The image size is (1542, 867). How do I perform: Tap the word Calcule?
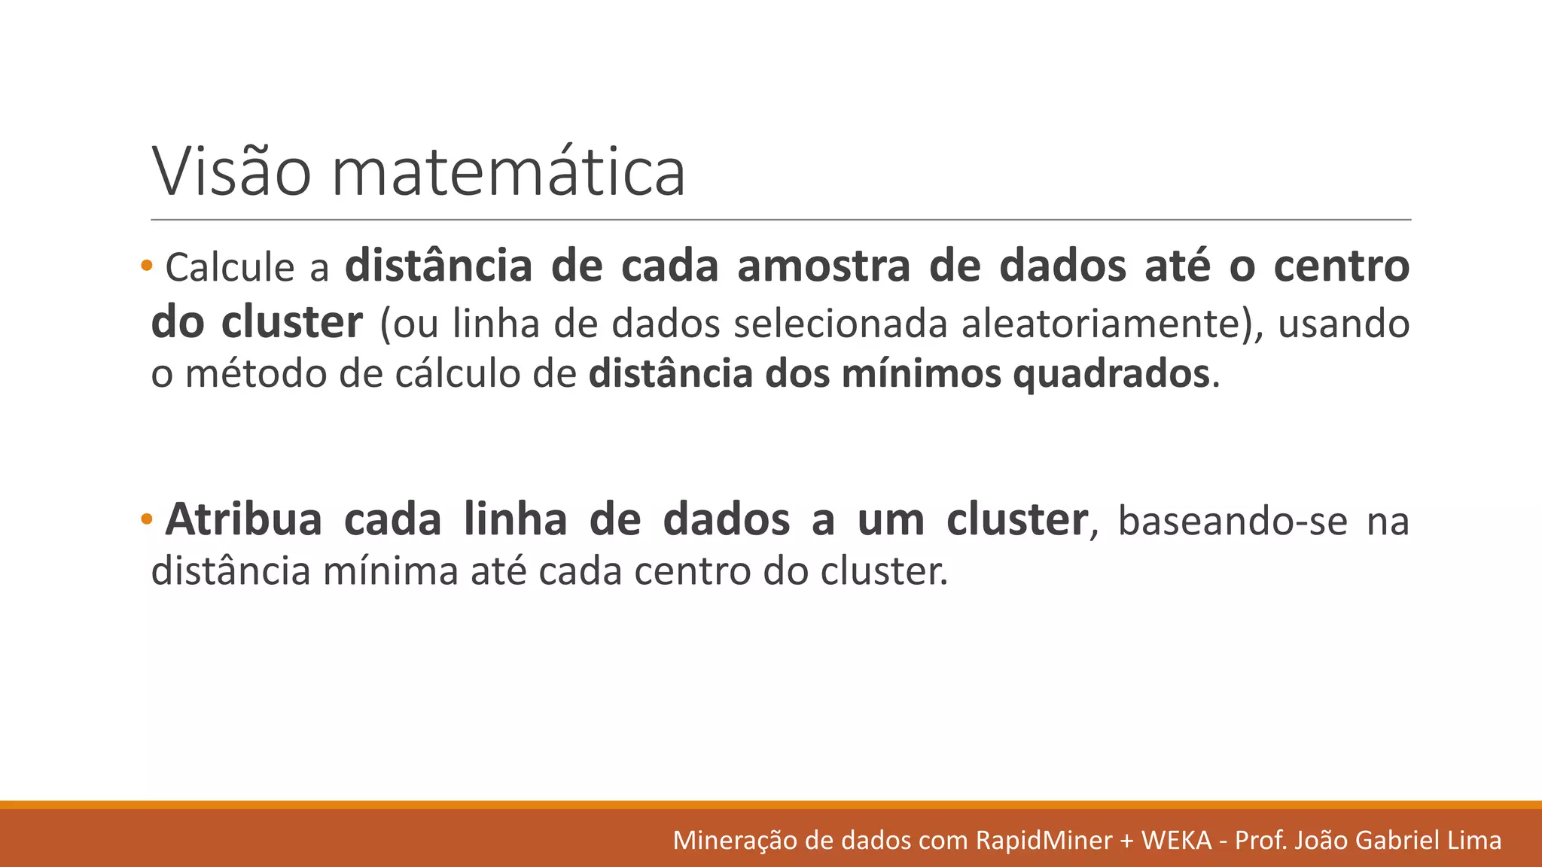(230, 267)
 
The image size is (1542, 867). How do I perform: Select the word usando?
(1343, 324)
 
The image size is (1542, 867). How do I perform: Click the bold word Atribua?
(243, 520)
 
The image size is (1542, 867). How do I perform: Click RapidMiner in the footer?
(1044, 840)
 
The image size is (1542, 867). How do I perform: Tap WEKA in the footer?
(1176, 840)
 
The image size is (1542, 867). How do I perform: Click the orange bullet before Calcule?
(146, 265)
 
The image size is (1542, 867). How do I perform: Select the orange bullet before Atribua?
(146, 519)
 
